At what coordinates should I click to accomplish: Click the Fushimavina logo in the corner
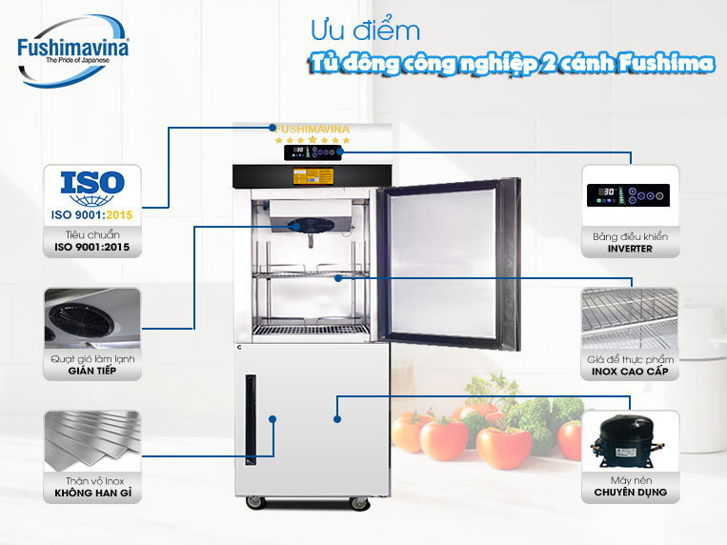72,51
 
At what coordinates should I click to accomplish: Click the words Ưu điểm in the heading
365,31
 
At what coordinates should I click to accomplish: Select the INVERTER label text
630,249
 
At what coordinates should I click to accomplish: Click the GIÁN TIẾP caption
91,371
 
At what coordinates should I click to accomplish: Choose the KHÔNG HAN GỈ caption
92,493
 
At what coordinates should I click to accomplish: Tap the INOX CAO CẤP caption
630,371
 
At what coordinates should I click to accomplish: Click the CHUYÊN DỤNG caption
630,493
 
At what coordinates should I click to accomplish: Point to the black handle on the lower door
251,419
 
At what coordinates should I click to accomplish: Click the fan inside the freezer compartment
311,226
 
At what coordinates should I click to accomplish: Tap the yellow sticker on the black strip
313,176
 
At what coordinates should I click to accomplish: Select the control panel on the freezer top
313,152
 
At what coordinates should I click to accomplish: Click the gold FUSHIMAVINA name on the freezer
312,129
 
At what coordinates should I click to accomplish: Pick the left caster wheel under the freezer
256,502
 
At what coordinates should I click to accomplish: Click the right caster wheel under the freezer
359,503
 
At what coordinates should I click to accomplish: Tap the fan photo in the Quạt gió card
92,318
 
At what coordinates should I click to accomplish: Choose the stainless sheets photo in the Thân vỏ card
92,440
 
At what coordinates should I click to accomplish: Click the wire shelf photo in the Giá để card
630,318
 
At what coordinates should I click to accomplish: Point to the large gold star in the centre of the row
313,139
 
